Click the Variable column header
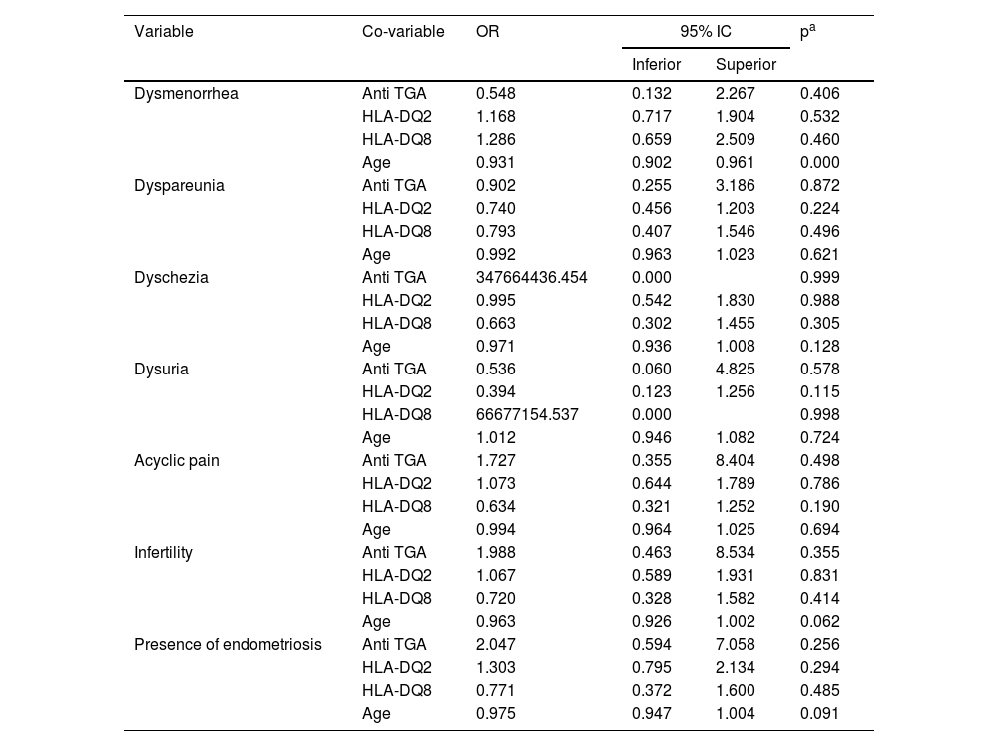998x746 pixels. (x=164, y=32)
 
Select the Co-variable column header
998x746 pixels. (x=403, y=32)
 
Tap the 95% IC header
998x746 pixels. (x=705, y=32)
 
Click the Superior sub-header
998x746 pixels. (x=746, y=65)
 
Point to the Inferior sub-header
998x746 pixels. (x=656, y=65)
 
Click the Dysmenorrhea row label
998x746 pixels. (x=186, y=94)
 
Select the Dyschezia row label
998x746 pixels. (x=171, y=278)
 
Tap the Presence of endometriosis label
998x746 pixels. (x=228, y=645)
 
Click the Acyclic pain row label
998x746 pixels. (x=177, y=461)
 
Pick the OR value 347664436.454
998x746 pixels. (x=532, y=278)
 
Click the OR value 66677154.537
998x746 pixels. (x=527, y=415)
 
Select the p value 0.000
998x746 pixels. (x=819, y=163)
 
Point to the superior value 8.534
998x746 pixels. (x=735, y=553)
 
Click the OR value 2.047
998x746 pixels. (x=496, y=645)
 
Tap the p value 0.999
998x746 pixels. (x=819, y=278)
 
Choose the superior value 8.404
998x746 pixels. (x=735, y=461)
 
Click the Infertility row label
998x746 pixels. (x=163, y=553)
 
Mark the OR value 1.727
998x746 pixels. (x=496, y=461)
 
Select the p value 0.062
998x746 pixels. (x=819, y=622)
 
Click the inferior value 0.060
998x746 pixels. (x=651, y=370)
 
